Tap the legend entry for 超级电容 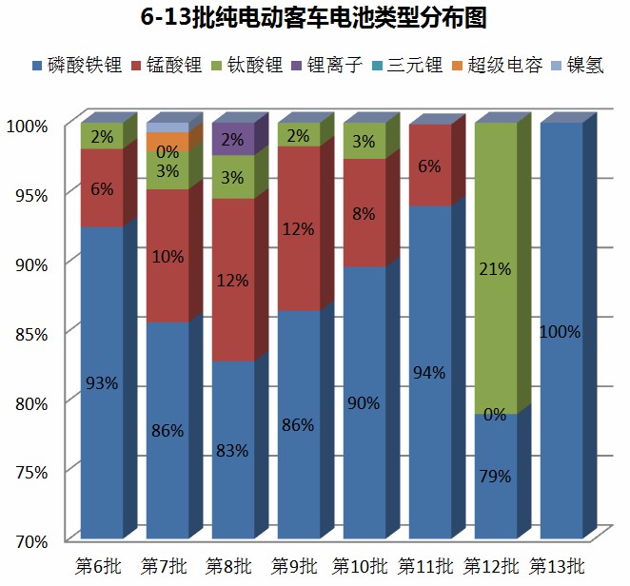[x=505, y=66]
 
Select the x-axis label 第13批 [x=557, y=566]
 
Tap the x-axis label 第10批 [x=360, y=566]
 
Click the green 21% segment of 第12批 [x=496, y=268]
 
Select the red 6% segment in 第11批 [x=429, y=166]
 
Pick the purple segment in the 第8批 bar [x=232, y=139]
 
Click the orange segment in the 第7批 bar [x=167, y=143]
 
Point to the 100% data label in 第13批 [x=560, y=332]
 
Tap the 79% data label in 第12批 [x=496, y=476]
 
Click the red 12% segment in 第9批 [x=298, y=228]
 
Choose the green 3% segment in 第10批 [x=364, y=141]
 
